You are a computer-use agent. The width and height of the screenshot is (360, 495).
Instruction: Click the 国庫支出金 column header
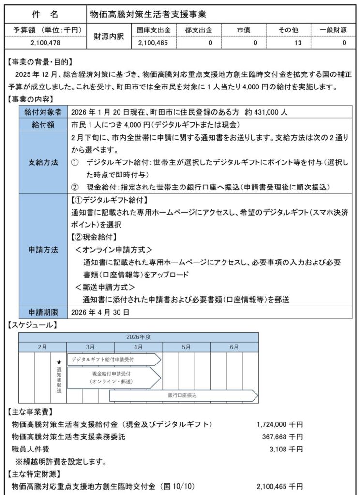tap(153, 30)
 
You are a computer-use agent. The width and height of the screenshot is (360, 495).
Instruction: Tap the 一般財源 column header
tap(333, 30)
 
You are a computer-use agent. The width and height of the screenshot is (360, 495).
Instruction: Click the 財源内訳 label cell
tap(107, 37)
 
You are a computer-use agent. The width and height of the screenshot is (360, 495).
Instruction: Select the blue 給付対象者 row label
tap(43, 112)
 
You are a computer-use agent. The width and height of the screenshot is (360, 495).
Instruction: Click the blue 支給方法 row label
tap(43, 162)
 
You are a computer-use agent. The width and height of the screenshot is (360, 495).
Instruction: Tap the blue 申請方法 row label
tap(43, 250)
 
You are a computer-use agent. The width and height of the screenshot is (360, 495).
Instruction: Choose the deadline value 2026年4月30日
tap(100, 313)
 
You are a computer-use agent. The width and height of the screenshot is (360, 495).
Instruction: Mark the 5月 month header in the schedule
tap(186, 347)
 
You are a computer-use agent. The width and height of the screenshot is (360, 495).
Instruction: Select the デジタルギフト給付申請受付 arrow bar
tap(113, 360)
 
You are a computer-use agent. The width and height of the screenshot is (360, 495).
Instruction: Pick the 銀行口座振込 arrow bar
tap(184, 395)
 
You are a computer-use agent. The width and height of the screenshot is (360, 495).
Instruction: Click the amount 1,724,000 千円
tap(280, 424)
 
